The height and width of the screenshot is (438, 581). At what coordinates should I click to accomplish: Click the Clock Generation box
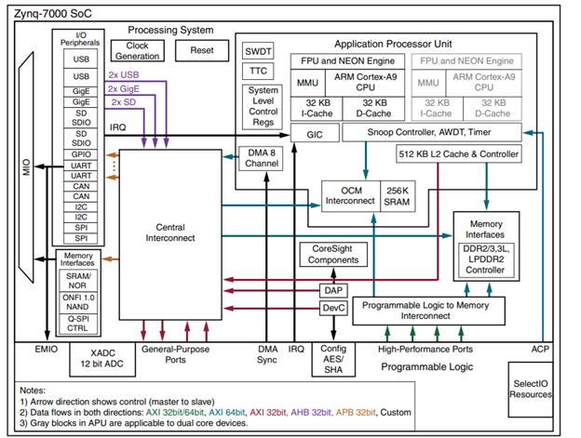click(137, 50)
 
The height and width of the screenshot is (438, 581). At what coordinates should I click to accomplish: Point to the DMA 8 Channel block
click(258, 156)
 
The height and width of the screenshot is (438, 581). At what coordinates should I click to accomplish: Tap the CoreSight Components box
click(334, 255)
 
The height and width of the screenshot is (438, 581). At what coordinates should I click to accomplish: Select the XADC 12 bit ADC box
click(104, 360)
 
